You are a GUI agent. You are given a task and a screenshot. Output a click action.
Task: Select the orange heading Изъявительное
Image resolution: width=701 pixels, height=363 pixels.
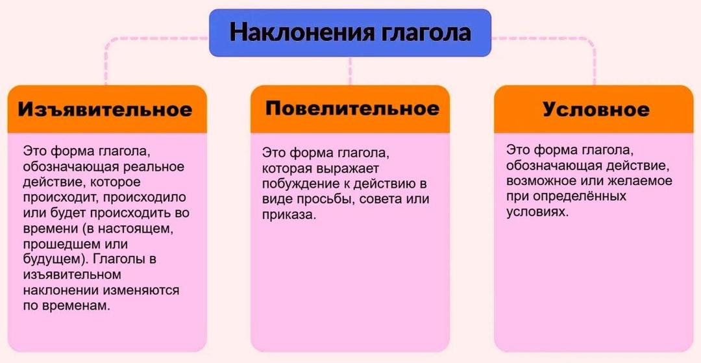[105, 109]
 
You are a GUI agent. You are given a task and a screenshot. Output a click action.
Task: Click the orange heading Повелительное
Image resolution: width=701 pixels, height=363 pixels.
[351, 108]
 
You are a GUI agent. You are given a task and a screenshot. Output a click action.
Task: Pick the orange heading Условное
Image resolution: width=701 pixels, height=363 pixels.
[595, 109]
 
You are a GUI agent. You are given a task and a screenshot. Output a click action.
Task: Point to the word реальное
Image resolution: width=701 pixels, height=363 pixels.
[155, 166]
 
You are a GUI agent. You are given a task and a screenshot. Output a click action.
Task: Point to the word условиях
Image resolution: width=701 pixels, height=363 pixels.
[537, 212]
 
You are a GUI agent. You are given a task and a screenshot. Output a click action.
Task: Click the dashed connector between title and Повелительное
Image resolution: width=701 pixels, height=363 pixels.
[350, 71]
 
